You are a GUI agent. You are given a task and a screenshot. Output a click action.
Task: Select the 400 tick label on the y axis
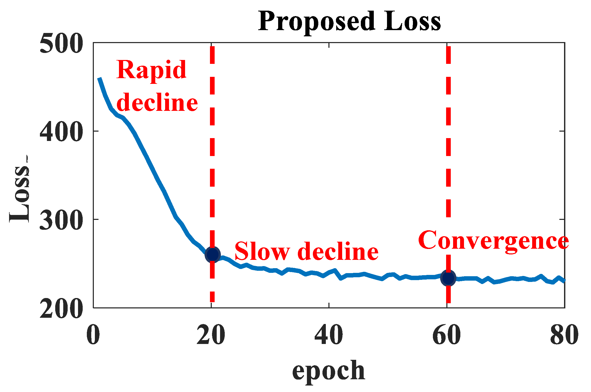[x=61, y=132]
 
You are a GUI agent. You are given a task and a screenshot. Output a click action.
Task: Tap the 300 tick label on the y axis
[x=61, y=220]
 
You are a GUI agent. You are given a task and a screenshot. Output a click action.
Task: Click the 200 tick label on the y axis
[x=61, y=308]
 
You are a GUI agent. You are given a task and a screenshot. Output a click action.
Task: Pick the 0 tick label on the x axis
[x=93, y=335]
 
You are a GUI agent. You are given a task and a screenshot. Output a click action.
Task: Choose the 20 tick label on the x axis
[x=211, y=335]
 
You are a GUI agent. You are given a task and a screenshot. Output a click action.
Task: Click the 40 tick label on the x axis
[x=329, y=335]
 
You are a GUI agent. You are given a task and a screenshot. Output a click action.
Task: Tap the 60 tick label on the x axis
[x=447, y=335]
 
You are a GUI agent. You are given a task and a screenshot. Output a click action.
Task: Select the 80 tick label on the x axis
[x=564, y=335]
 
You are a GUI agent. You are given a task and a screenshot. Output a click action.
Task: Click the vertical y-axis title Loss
[x=20, y=190]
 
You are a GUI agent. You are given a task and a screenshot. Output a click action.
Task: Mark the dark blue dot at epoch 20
[x=213, y=255]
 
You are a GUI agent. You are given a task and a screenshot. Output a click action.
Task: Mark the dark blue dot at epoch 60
[x=448, y=278]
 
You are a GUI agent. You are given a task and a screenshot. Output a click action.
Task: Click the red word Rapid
[x=151, y=70]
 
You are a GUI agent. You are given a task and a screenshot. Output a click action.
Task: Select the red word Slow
[x=262, y=251]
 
